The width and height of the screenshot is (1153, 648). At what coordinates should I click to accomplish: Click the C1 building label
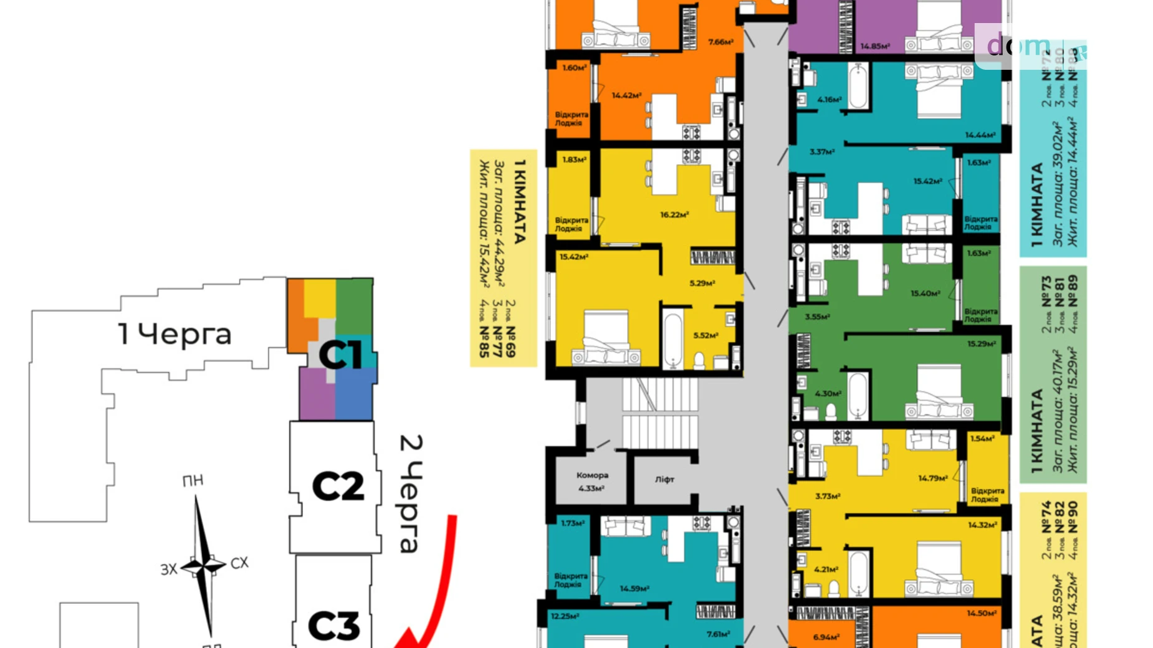pos(340,355)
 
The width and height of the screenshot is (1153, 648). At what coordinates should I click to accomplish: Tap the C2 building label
pos(338,487)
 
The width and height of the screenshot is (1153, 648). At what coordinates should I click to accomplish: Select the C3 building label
pos(334,625)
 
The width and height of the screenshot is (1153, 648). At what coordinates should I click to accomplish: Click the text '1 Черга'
pos(175,335)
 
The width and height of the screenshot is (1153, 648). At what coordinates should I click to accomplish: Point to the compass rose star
pos(203,566)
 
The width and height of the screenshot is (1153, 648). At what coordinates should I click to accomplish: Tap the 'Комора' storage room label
pos(591,475)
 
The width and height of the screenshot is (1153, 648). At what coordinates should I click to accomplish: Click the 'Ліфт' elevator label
pos(664,479)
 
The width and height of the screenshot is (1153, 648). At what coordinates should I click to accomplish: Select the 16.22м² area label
pos(674,215)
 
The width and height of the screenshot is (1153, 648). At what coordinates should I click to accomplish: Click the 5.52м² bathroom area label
pos(706,335)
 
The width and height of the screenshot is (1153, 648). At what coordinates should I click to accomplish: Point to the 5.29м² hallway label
pos(702,283)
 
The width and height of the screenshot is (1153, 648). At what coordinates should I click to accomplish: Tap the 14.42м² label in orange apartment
pos(626,95)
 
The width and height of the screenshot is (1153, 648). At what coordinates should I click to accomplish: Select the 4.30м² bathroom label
pos(828,394)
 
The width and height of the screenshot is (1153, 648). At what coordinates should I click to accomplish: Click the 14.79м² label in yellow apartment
pos(932,479)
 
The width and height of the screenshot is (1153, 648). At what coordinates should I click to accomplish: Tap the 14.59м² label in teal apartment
pos(634,588)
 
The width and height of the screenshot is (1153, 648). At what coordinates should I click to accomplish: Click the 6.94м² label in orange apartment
pos(826,637)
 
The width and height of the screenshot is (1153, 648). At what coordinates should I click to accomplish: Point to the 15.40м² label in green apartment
pos(925,293)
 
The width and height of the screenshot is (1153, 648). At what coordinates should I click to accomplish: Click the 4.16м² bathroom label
pos(829,100)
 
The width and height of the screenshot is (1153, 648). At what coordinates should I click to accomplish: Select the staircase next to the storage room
pos(659,413)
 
